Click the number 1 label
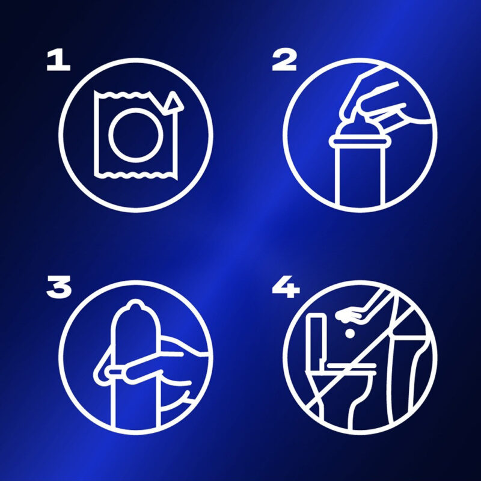(58, 61)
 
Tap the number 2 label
(284, 61)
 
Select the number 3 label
(59, 287)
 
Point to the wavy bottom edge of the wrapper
(135, 175)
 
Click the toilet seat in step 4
(351, 366)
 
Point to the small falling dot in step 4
(350, 334)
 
